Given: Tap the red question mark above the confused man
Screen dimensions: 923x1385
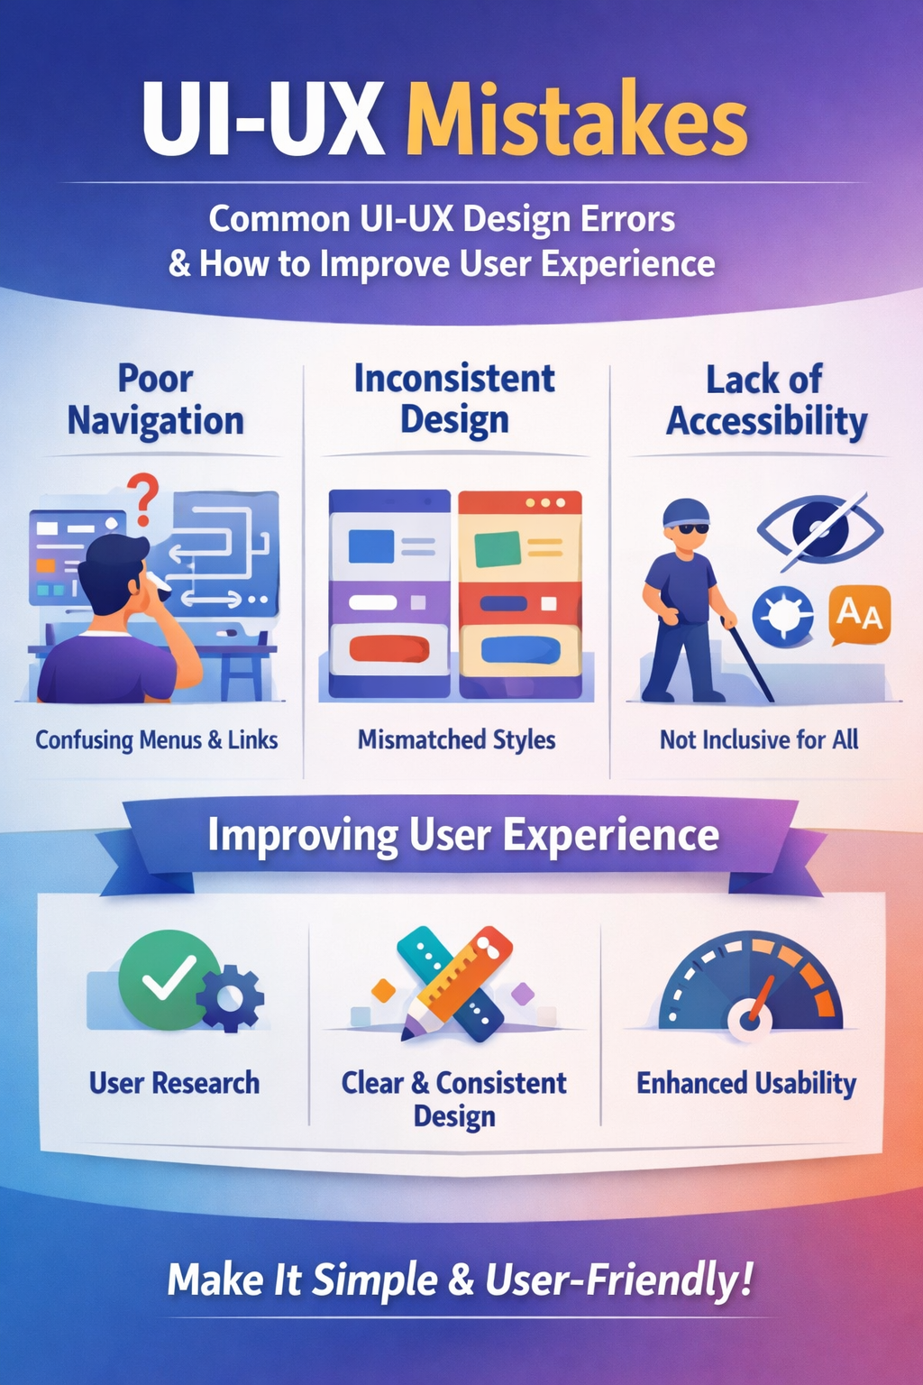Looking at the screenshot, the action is click(142, 499).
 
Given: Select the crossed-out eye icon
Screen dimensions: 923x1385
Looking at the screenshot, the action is click(821, 531).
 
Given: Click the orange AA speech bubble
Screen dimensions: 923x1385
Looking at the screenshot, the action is click(859, 615).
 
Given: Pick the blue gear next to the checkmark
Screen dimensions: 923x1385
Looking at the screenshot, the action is click(230, 998).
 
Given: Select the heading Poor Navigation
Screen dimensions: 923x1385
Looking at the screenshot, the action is click(155, 400).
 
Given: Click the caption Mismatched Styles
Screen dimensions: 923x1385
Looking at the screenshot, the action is click(456, 739).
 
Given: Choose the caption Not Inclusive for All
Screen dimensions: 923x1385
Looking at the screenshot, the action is click(759, 739).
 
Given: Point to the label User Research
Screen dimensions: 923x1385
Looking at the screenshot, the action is click(174, 1083).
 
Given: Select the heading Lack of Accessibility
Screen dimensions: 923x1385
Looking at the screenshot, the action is click(766, 401).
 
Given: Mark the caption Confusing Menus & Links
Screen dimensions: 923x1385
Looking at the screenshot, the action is click(157, 740).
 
